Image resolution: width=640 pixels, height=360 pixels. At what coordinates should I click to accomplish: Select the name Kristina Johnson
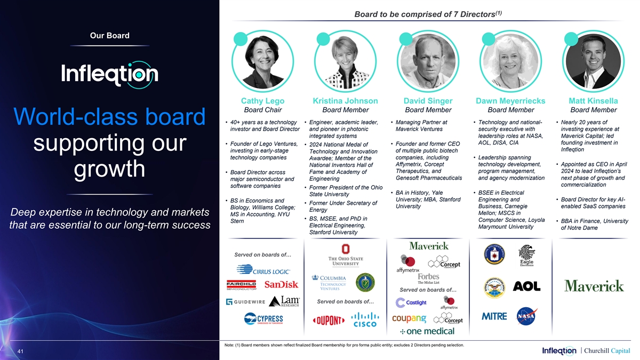point(345,101)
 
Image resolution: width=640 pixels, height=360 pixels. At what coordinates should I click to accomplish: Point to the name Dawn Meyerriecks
point(510,101)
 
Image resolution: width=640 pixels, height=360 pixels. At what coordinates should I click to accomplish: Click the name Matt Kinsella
point(593,101)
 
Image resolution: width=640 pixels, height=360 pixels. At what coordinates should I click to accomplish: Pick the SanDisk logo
point(281,285)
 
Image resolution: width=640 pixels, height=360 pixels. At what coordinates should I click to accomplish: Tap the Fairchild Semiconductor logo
point(242,285)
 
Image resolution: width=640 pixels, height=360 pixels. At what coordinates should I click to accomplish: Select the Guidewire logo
point(246,302)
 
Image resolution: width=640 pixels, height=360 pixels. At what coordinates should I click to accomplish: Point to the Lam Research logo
point(284,302)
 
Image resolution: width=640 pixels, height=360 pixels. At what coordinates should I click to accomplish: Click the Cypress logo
point(263,319)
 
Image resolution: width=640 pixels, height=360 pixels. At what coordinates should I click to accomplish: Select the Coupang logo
point(409,318)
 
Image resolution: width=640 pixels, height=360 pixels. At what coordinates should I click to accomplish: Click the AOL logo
point(526,286)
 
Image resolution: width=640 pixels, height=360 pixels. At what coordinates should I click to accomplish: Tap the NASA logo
point(526,316)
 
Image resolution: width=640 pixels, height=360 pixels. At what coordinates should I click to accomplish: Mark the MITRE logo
point(494,316)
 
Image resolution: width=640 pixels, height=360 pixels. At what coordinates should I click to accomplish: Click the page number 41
point(20,351)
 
